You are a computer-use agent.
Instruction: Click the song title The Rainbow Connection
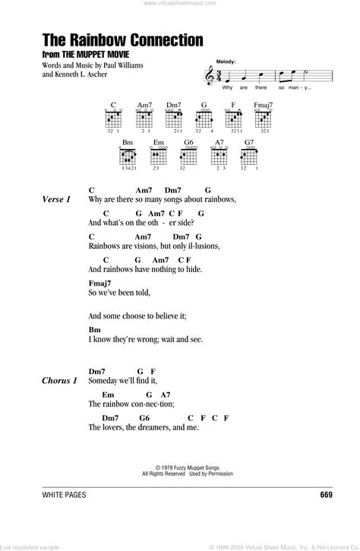click(x=121, y=39)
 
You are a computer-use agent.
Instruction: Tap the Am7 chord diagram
click(x=144, y=118)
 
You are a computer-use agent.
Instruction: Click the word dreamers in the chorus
click(x=163, y=427)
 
